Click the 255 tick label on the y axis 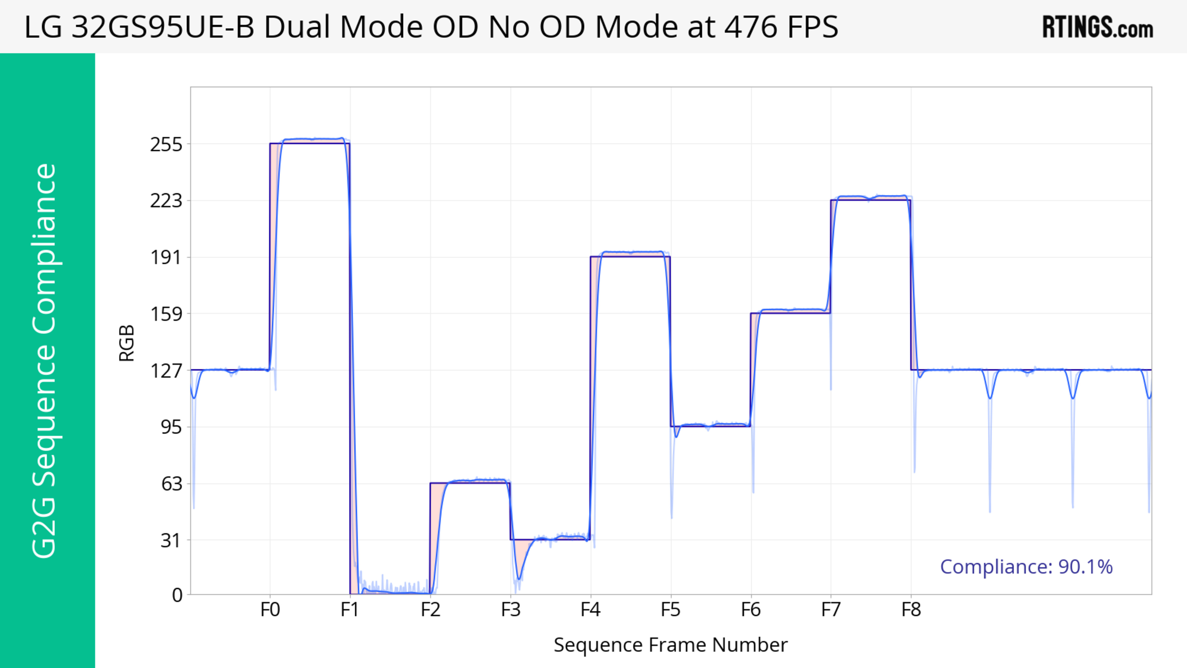(x=166, y=145)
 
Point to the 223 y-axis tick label (x=166, y=201)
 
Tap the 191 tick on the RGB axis (x=166, y=257)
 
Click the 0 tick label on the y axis (x=177, y=595)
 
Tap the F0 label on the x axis (x=270, y=610)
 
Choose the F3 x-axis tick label (x=511, y=610)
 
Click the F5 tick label (x=670, y=610)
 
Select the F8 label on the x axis (x=911, y=610)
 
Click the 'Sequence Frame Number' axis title (x=670, y=645)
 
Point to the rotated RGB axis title (x=127, y=343)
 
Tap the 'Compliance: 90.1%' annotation (x=1026, y=567)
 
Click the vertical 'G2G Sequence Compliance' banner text (x=45, y=361)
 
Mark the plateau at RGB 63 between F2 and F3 (x=474, y=481)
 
